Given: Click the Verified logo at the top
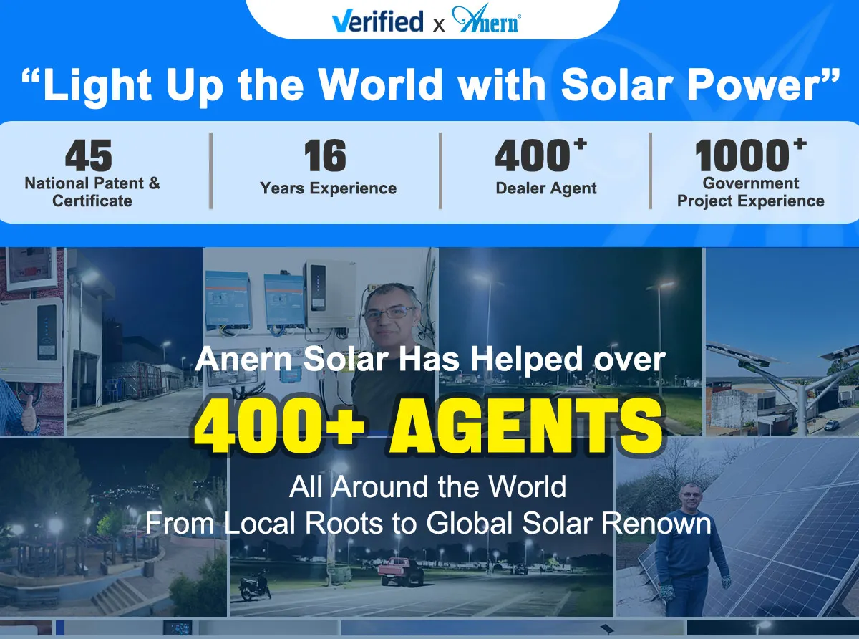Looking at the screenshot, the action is [378, 21].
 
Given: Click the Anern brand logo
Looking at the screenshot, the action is [487, 19].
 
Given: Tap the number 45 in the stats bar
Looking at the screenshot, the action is [89, 155].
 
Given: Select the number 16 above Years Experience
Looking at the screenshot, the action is [325, 155].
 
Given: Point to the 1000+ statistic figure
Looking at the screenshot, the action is [751, 154].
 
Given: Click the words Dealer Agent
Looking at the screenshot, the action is [546, 188].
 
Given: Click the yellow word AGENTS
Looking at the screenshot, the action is [526, 426].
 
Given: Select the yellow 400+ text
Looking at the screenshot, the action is [279, 426].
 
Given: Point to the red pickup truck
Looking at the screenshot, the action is [400, 571].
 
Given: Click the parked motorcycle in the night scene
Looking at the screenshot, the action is [255, 585].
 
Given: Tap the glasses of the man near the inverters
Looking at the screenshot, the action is [389, 312].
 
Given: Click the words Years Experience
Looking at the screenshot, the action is [329, 188].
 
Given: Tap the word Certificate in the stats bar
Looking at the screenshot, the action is [92, 201].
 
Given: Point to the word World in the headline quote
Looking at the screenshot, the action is [382, 85].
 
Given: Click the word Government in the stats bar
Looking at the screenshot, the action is [751, 183].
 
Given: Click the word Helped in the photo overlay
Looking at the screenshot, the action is [526, 360].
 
